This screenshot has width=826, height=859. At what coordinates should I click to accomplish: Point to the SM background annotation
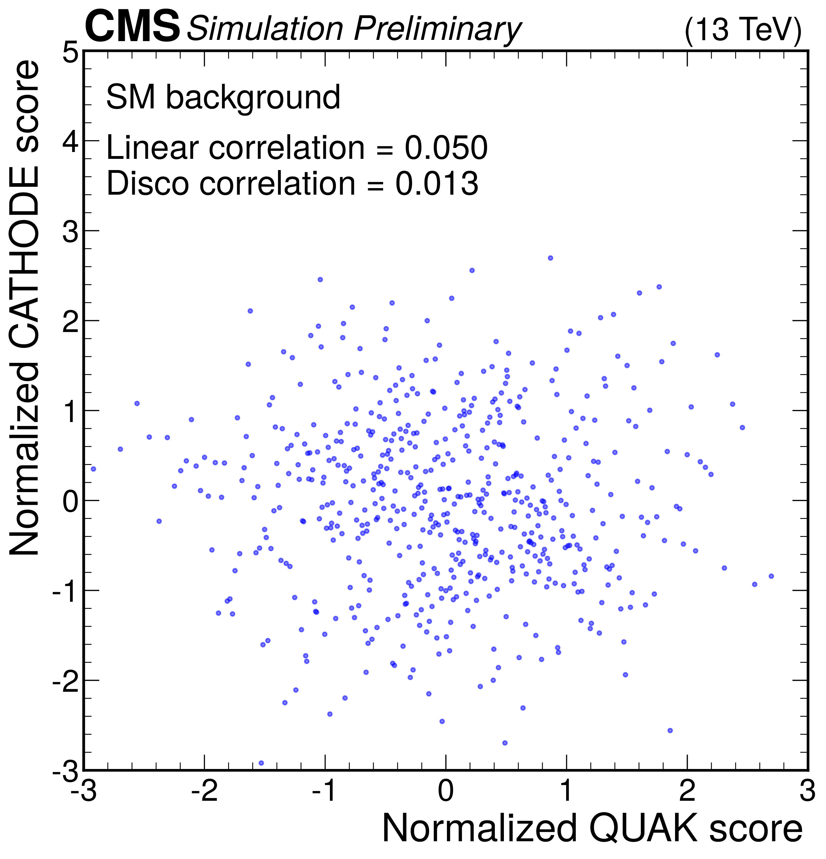pyautogui.click(x=223, y=97)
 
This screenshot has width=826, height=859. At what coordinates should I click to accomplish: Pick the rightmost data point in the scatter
pyautogui.click(x=771, y=576)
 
